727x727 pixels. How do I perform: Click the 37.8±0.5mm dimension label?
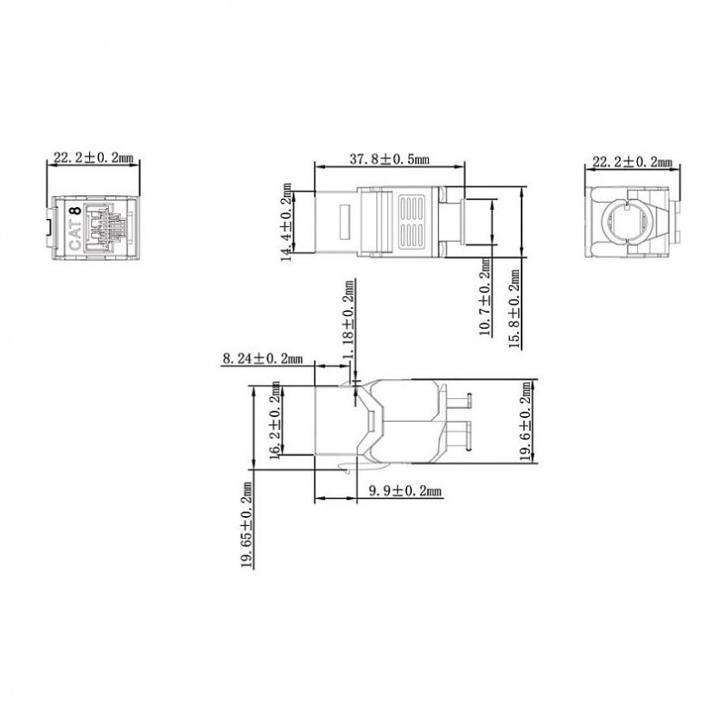tap(390, 160)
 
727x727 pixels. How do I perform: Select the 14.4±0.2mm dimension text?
tap(287, 222)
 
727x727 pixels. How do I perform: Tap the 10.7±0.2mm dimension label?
tap(485, 297)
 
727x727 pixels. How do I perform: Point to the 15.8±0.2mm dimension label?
tap(514, 309)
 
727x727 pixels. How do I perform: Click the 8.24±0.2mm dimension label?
tap(263, 358)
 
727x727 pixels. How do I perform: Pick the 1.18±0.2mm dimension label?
tap(349, 319)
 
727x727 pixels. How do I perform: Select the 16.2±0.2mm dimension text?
tap(275, 420)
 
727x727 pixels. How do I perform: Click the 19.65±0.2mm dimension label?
tap(247, 525)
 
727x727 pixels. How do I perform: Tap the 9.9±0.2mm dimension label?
tap(405, 491)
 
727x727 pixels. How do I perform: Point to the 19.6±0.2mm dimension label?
tap(525, 421)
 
